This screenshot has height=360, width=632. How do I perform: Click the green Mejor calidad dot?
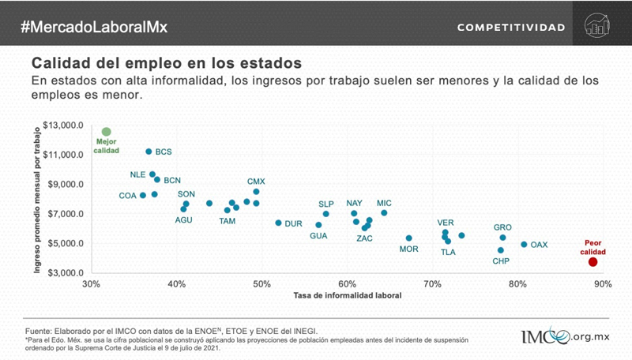click(107, 132)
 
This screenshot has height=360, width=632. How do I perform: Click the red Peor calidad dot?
click(593, 262)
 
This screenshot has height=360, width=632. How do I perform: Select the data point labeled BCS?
click(149, 152)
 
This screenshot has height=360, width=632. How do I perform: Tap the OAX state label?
click(539, 245)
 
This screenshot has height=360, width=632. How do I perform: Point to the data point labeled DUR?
click(278, 223)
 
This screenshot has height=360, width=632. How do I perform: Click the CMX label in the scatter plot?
click(256, 182)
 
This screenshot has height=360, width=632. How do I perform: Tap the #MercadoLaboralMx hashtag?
click(94, 27)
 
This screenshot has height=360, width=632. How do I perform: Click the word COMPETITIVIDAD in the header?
click(511, 28)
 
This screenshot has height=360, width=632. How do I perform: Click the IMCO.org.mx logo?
click(564, 336)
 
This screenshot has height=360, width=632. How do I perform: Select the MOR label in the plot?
click(408, 249)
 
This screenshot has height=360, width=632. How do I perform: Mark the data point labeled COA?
click(143, 195)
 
